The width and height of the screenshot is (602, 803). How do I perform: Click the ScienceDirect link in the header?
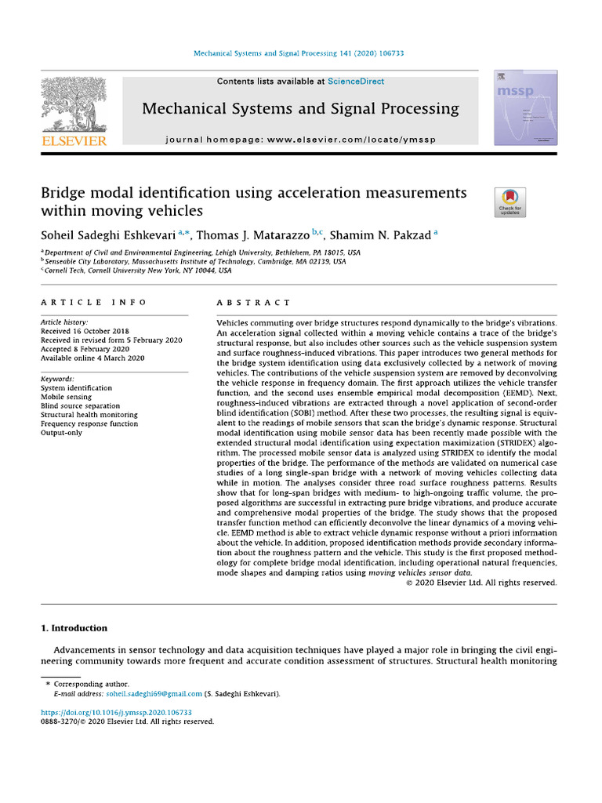pos(356,82)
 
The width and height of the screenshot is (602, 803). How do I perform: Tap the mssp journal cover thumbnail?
pos(514,108)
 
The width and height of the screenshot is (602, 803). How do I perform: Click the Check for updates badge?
pos(510,202)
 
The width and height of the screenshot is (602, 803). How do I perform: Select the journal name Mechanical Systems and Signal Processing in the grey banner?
pos(300,109)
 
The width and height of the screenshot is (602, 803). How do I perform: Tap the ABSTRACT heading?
pos(253,302)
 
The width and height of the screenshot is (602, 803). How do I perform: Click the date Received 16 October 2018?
pos(85,331)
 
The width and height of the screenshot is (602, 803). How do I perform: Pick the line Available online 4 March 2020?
pos(92,358)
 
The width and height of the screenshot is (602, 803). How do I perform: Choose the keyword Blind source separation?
pos(80,406)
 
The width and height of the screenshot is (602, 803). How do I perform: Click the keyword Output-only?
pos(61,433)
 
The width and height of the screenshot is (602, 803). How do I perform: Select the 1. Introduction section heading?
pos(74,628)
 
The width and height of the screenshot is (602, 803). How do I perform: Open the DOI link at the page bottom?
pos(116,713)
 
